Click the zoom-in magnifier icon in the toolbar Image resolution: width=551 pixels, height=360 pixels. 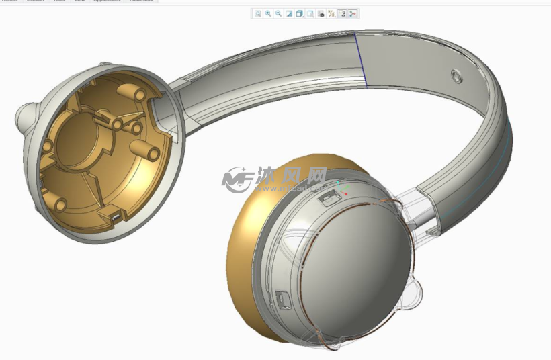(268, 13)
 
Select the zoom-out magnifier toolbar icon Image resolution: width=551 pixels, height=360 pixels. (278, 13)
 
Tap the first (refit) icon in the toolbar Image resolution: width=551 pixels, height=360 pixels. (257, 13)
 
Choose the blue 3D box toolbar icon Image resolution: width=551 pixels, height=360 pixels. (300, 13)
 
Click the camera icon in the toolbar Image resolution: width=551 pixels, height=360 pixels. (321, 13)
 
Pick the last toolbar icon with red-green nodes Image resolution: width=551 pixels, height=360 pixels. (353, 13)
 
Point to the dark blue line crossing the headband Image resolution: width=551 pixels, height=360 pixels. (362, 60)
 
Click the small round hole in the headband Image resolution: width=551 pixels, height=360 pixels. (456, 76)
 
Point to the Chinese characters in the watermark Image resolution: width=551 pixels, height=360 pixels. (292, 176)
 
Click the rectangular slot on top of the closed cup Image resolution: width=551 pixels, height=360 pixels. (329, 197)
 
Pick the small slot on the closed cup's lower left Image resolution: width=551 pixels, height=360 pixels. (281, 296)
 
